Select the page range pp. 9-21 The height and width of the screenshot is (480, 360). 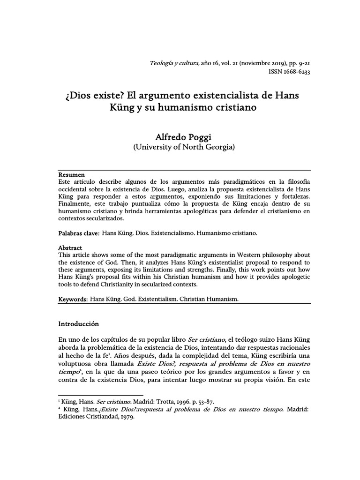[296, 64]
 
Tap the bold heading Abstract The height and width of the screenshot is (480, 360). [70, 247]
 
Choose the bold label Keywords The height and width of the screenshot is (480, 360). [72, 299]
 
